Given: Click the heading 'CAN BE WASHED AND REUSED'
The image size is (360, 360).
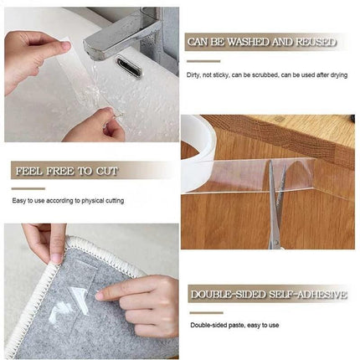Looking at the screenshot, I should point(262,41).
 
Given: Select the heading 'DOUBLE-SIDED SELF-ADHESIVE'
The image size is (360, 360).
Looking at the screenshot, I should point(268,294).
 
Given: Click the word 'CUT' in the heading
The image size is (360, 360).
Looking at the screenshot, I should point(105,171).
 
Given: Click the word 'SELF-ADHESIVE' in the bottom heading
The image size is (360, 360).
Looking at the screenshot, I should point(301,294).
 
